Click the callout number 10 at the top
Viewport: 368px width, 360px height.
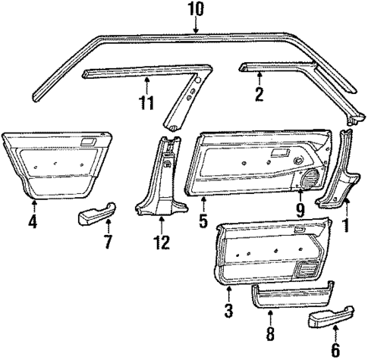pyautogui.click(x=196, y=9)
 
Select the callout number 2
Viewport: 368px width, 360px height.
pyautogui.click(x=259, y=94)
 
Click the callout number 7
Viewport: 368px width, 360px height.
pyautogui.click(x=107, y=243)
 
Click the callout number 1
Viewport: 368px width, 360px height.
pyautogui.click(x=347, y=224)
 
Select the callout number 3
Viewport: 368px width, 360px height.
pyautogui.click(x=228, y=309)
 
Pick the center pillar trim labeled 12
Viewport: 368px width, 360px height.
pyautogui.click(x=161, y=182)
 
